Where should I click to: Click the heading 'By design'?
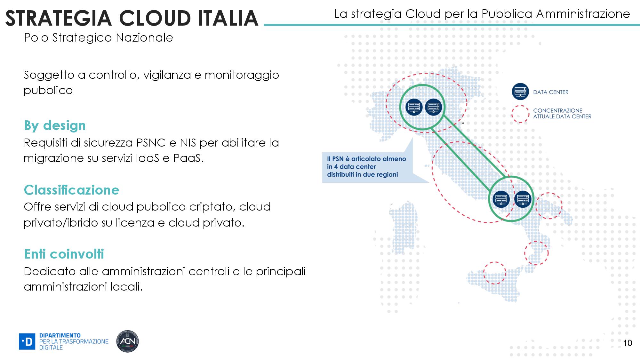55,125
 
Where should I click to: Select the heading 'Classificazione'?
71,190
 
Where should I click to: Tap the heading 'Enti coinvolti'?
64,254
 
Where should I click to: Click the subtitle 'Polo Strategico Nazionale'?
98,38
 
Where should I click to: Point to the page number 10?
628,343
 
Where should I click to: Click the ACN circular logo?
127,341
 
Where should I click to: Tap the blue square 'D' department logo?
27,341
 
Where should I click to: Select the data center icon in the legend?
520,92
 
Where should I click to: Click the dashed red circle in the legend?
520,114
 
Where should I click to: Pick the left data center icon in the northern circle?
414,107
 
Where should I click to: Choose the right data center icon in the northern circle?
433,107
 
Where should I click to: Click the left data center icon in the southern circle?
501,199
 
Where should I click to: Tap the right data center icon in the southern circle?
523,199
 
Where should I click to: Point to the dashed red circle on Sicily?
494,273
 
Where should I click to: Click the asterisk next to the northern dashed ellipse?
463,124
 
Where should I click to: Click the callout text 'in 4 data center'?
351,167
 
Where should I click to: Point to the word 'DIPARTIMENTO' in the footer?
60,335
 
